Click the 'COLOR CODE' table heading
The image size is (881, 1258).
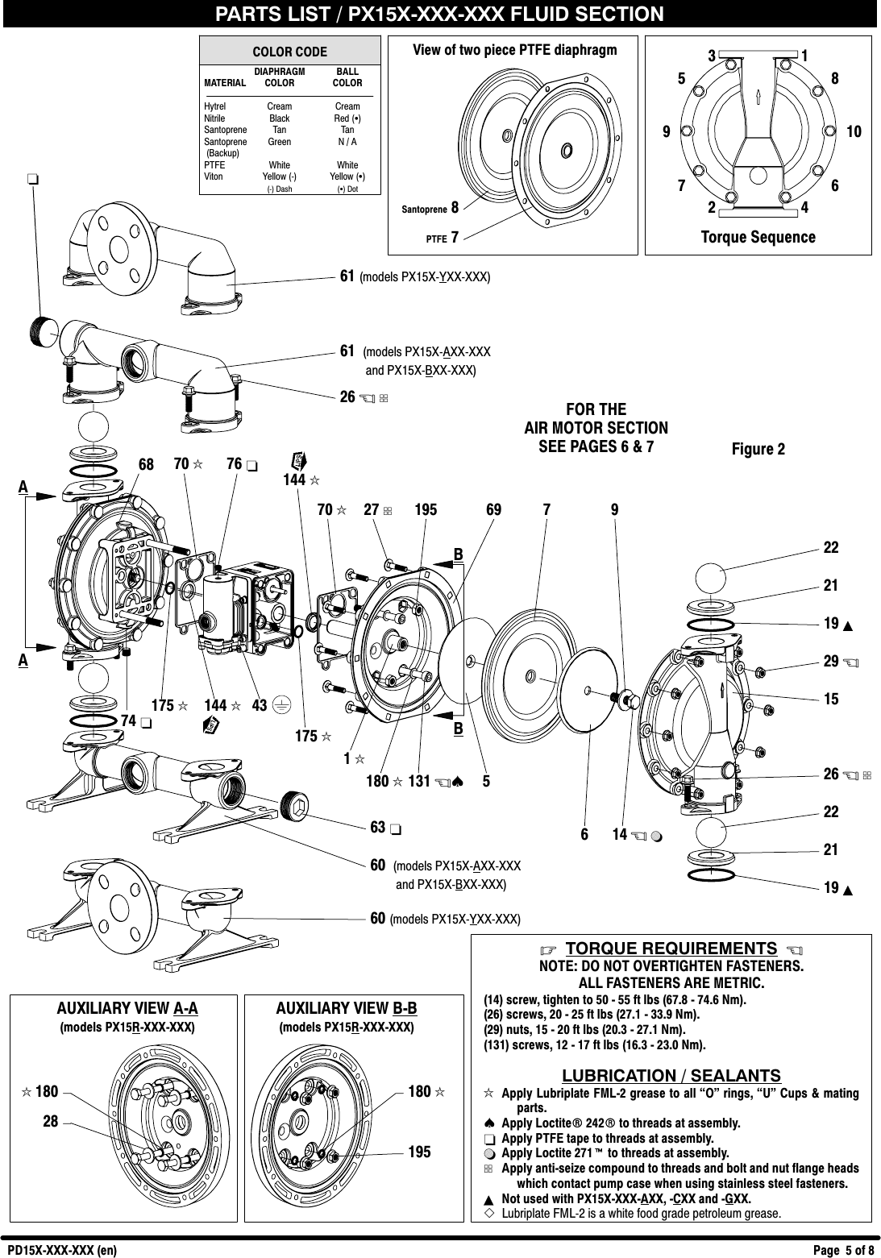coord(289,52)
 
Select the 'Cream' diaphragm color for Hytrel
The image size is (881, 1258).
coord(279,106)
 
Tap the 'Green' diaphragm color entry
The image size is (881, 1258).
coord(279,142)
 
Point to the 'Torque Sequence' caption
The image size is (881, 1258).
coord(758,237)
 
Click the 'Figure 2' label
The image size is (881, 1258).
coord(758,449)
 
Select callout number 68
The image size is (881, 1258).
coord(146,465)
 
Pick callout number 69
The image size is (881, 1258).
coord(493,509)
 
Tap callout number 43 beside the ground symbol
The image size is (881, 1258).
coord(260,705)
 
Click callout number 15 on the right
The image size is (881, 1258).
coord(831,699)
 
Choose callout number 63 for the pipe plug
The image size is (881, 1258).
coord(377,828)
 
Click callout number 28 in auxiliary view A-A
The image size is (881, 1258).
coord(50,1119)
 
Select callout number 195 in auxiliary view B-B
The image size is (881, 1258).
coord(419,1152)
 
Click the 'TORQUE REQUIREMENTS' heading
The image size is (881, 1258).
coord(671,948)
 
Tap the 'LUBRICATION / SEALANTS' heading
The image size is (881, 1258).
coord(671,1076)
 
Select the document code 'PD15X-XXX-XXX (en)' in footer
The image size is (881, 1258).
coord(62,1251)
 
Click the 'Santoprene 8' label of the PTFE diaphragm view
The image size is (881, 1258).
coord(430,209)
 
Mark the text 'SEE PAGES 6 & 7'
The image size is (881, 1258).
coord(596,446)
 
